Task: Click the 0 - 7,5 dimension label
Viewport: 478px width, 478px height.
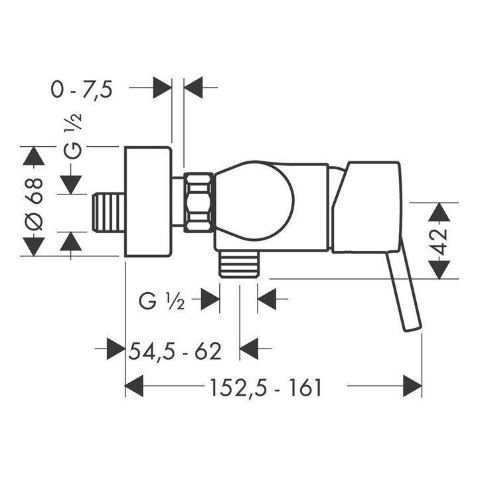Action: (82, 90)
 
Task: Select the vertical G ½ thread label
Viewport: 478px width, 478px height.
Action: (73, 135)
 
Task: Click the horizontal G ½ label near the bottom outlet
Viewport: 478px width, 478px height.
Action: (162, 301)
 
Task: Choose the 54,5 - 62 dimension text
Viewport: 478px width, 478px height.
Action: (175, 351)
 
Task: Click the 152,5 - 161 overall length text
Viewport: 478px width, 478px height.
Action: (266, 388)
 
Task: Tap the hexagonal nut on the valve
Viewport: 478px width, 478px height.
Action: (199, 202)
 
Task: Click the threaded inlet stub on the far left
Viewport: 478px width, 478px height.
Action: (108, 212)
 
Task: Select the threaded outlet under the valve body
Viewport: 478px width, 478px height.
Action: (239, 264)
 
